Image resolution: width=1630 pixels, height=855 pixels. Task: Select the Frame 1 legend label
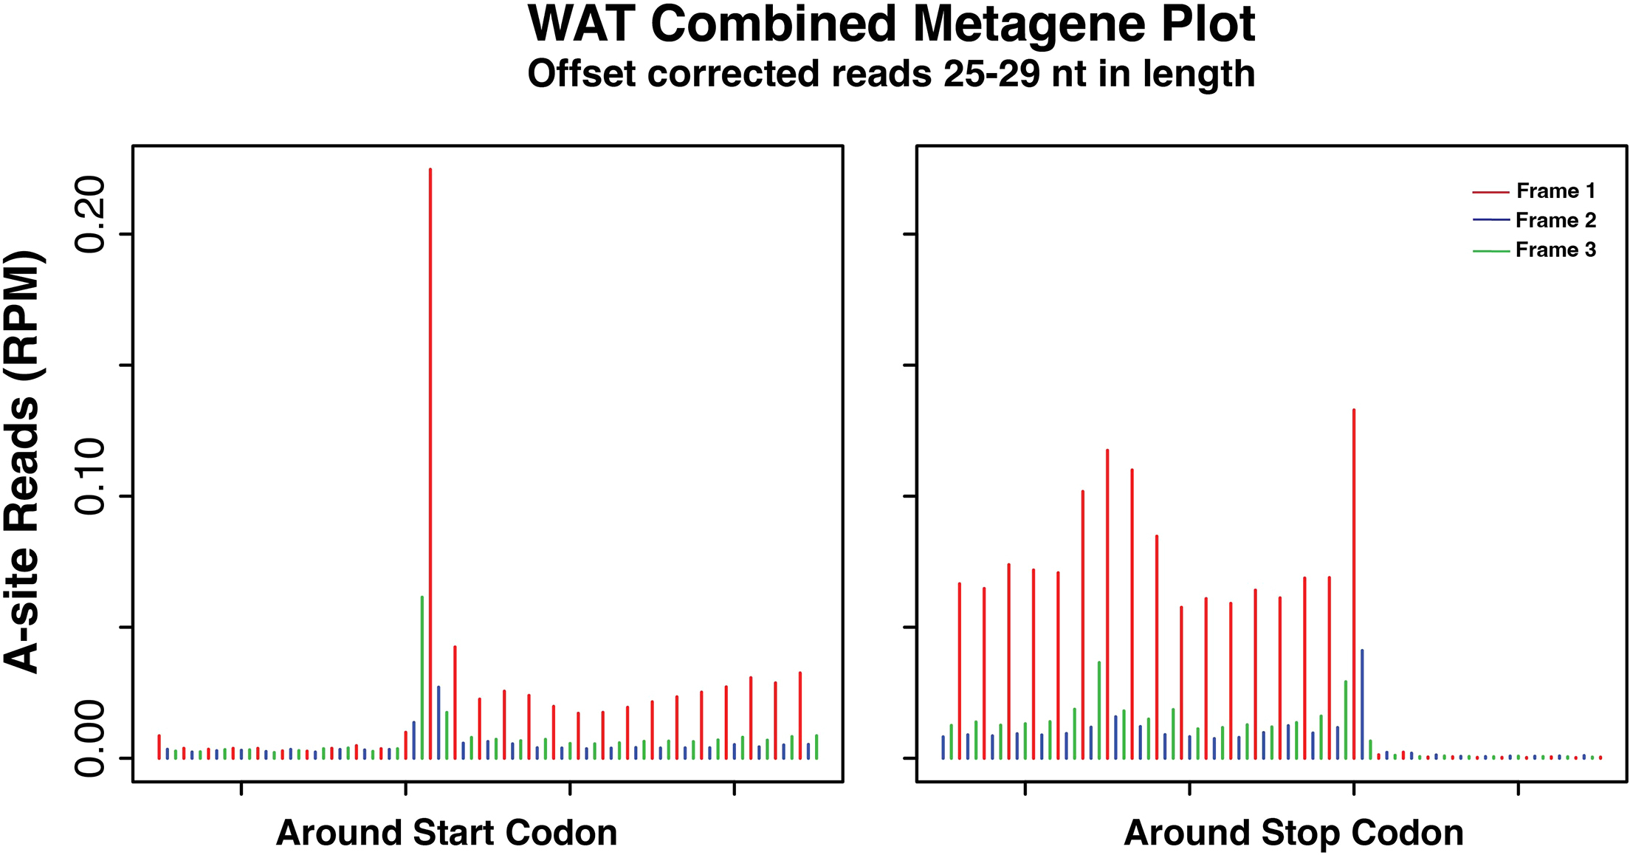1555,191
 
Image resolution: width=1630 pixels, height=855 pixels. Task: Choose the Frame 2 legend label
1555,221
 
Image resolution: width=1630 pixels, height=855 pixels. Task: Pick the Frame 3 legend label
1555,250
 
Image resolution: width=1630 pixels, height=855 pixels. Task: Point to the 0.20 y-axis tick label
91,215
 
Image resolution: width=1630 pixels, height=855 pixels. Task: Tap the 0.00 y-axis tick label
91,738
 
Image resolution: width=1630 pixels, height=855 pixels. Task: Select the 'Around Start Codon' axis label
447,833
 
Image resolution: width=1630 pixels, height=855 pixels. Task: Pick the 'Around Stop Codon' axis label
1293,833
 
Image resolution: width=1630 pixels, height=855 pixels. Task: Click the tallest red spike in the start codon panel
430,443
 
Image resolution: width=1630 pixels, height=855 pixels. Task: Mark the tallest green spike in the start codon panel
422,665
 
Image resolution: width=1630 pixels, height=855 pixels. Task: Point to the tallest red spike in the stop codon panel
1354,576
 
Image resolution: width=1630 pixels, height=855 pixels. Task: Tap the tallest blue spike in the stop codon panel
1362,701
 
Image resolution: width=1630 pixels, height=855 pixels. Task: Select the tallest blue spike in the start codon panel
439,720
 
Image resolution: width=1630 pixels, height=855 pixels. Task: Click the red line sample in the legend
1490,193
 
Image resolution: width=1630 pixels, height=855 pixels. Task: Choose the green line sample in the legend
1490,252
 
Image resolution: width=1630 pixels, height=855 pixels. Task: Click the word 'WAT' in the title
582,25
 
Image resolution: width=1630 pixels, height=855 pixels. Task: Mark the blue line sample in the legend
1490,220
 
